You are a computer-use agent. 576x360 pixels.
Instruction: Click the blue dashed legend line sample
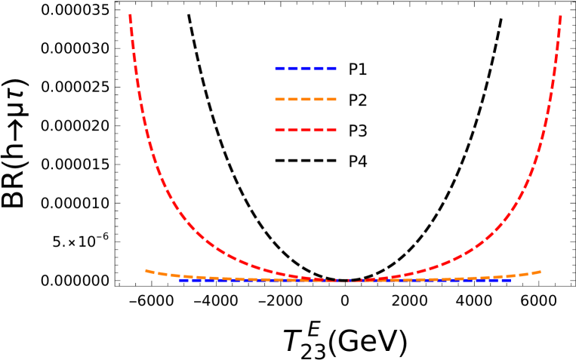pyautogui.click(x=306, y=69)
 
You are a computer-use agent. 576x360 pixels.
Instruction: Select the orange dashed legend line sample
pyautogui.click(x=306, y=100)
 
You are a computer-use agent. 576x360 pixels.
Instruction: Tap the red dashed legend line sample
pyautogui.click(x=306, y=131)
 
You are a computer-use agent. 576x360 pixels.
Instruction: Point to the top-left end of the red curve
pyautogui.click(x=131, y=15)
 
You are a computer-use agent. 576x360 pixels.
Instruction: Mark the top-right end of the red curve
pyautogui.click(x=560, y=15)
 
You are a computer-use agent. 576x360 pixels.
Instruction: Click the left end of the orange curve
pyautogui.click(x=146, y=270)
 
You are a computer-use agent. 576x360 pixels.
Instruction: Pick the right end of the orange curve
pyautogui.click(x=540, y=271)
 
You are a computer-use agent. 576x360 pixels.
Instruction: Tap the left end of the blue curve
pyautogui.click(x=180, y=280)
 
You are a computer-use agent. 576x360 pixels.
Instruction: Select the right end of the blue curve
pyautogui.click(x=510, y=280)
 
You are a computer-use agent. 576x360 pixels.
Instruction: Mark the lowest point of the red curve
pyautogui.click(x=344, y=281)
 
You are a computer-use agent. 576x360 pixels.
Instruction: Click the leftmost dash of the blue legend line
pyautogui.click(x=280, y=69)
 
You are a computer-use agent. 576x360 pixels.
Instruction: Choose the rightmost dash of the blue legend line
pyautogui.click(x=331, y=69)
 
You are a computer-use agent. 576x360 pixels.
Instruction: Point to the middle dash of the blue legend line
pyautogui.click(x=306, y=69)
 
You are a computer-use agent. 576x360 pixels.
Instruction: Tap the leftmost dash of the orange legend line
pyautogui.click(x=280, y=100)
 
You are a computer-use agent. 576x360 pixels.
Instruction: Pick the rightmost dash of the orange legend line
pyautogui.click(x=331, y=100)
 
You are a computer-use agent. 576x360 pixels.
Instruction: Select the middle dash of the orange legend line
pyautogui.click(x=306, y=100)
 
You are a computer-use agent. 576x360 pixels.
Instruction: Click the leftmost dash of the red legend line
pyautogui.click(x=280, y=131)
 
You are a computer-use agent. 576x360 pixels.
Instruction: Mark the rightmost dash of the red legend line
pyautogui.click(x=331, y=131)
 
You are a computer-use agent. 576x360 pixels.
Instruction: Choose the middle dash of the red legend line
pyautogui.click(x=306, y=131)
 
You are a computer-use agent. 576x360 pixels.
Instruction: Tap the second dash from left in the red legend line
pyautogui.click(x=293, y=131)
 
